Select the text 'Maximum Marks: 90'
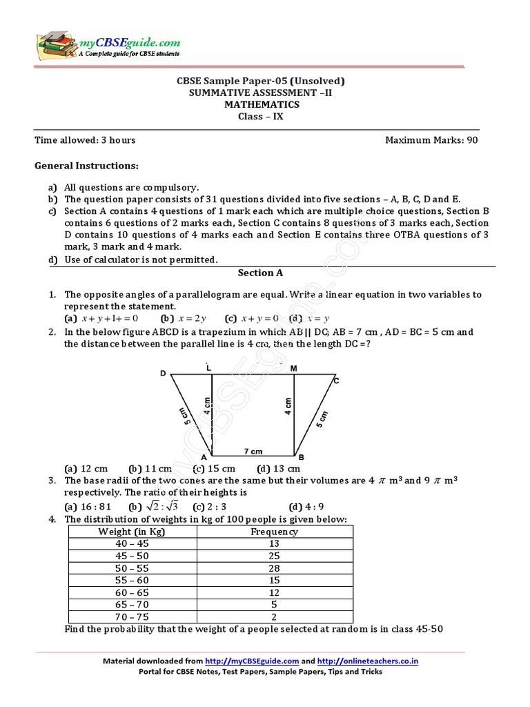click(x=431, y=140)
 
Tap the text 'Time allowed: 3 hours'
click(x=85, y=140)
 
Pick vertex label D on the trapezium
click(x=164, y=374)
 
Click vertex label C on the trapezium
click(x=336, y=380)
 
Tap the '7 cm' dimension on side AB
click(x=253, y=452)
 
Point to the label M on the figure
click(x=293, y=368)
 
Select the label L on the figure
click(x=208, y=367)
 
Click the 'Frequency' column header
click(x=274, y=532)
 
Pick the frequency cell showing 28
click(x=274, y=568)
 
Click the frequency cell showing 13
click(x=274, y=543)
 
